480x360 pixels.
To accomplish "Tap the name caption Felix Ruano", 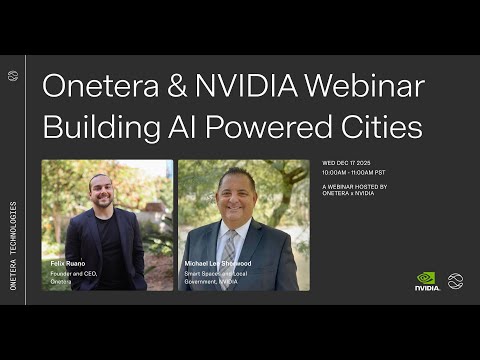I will click(x=67, y=263).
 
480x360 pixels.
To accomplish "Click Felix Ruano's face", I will click(x=98, y=190).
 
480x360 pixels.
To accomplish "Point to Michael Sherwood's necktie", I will click(x=229, y=245).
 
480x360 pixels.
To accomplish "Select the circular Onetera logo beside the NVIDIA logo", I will click(x=455, y=281).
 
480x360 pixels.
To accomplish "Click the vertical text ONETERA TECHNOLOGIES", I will click(x=13, y=245).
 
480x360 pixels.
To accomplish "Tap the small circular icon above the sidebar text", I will click(x=13, y=75).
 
